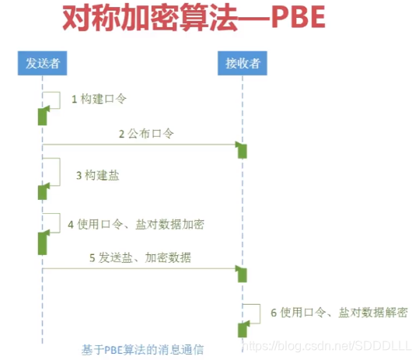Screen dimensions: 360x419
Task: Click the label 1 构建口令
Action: click(99, 100)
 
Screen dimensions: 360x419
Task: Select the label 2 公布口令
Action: click(146, 134)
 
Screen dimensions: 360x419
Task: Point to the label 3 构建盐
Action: click(97, 176)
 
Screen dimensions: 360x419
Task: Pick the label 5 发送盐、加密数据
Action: click(140, 258)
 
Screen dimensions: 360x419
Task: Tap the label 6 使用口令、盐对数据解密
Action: click(338, 312)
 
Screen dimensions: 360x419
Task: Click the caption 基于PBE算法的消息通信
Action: click(143, 350)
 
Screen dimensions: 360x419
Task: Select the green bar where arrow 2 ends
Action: click(243, 151)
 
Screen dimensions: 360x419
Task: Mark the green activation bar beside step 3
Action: click(43, 192)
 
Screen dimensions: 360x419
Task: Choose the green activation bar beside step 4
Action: click(43, 243)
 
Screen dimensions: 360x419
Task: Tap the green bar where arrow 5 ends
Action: click(243, 274)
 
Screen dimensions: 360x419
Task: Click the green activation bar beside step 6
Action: click(243, 330)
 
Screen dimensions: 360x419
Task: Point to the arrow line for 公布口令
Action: click(140, 144)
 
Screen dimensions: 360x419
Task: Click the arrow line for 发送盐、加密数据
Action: click(140, 268)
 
